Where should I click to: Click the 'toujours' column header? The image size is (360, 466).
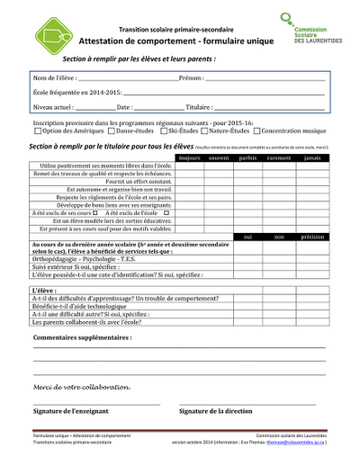(x=189, y=158)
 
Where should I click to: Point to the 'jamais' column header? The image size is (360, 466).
(x=311, y=158)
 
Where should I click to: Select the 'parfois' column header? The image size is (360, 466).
(x=247, y=158)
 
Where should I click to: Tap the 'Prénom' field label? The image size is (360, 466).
(x=190, y=78)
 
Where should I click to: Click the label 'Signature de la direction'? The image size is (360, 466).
(x=215, y=410)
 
